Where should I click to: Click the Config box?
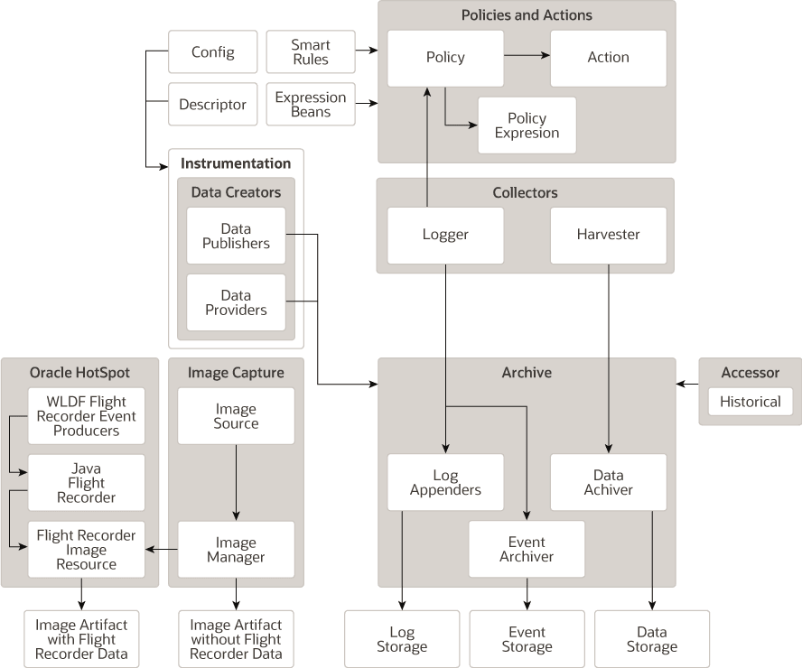[212, 52]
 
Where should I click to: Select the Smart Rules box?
[310, 52]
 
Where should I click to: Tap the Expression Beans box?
[310, 105]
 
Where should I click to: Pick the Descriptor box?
[212, 105]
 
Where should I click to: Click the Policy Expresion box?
[527, 125]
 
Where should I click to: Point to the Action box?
[608, 58]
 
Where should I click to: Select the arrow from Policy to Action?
[526, 57]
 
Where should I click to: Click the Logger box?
[445, 235]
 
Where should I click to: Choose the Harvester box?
[608, 235]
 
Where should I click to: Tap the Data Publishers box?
[236, 236]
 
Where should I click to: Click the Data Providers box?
[236, 302]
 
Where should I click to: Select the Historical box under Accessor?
[750, 402]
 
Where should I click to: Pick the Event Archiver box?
[527, 550]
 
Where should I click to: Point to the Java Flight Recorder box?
[87, 482]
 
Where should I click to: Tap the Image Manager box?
[236, 550]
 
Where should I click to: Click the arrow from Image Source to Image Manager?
[236, 482]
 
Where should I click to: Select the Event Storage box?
[527, 639]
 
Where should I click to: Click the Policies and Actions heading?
[527, 15]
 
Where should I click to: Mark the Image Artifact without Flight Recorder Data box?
[236, 639]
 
